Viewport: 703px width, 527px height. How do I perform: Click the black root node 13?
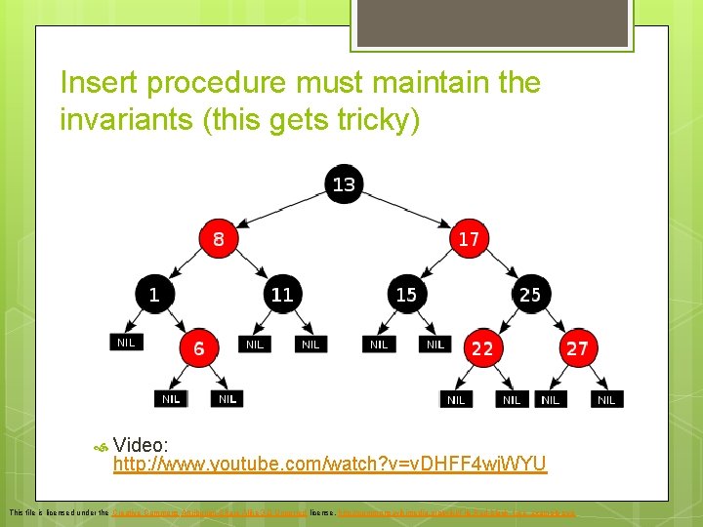[x=344, y=184]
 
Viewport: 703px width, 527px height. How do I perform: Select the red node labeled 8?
[x=219, y=238]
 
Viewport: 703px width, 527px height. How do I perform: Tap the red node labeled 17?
[x=469, y=238]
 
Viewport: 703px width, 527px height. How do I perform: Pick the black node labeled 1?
[x=154, y=293]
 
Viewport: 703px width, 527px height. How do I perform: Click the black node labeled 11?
[x=281, y=293]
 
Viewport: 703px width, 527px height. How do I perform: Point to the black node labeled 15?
[x=405, y=293]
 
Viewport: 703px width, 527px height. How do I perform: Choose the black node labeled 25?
[x=529, y=293]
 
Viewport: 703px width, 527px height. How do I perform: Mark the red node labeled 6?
[x=198, y=347]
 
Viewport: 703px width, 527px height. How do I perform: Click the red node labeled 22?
[x=482, y=347]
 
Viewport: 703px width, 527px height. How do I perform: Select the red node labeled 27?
[x=576, y=347]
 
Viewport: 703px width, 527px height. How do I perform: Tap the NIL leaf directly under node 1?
[x=126, y=342]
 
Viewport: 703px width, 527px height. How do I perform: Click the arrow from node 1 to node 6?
[x=176, y=319]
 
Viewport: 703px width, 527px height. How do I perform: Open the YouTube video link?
[x=330, y=464]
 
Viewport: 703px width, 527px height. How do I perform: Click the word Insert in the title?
[x=94, y=83]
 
